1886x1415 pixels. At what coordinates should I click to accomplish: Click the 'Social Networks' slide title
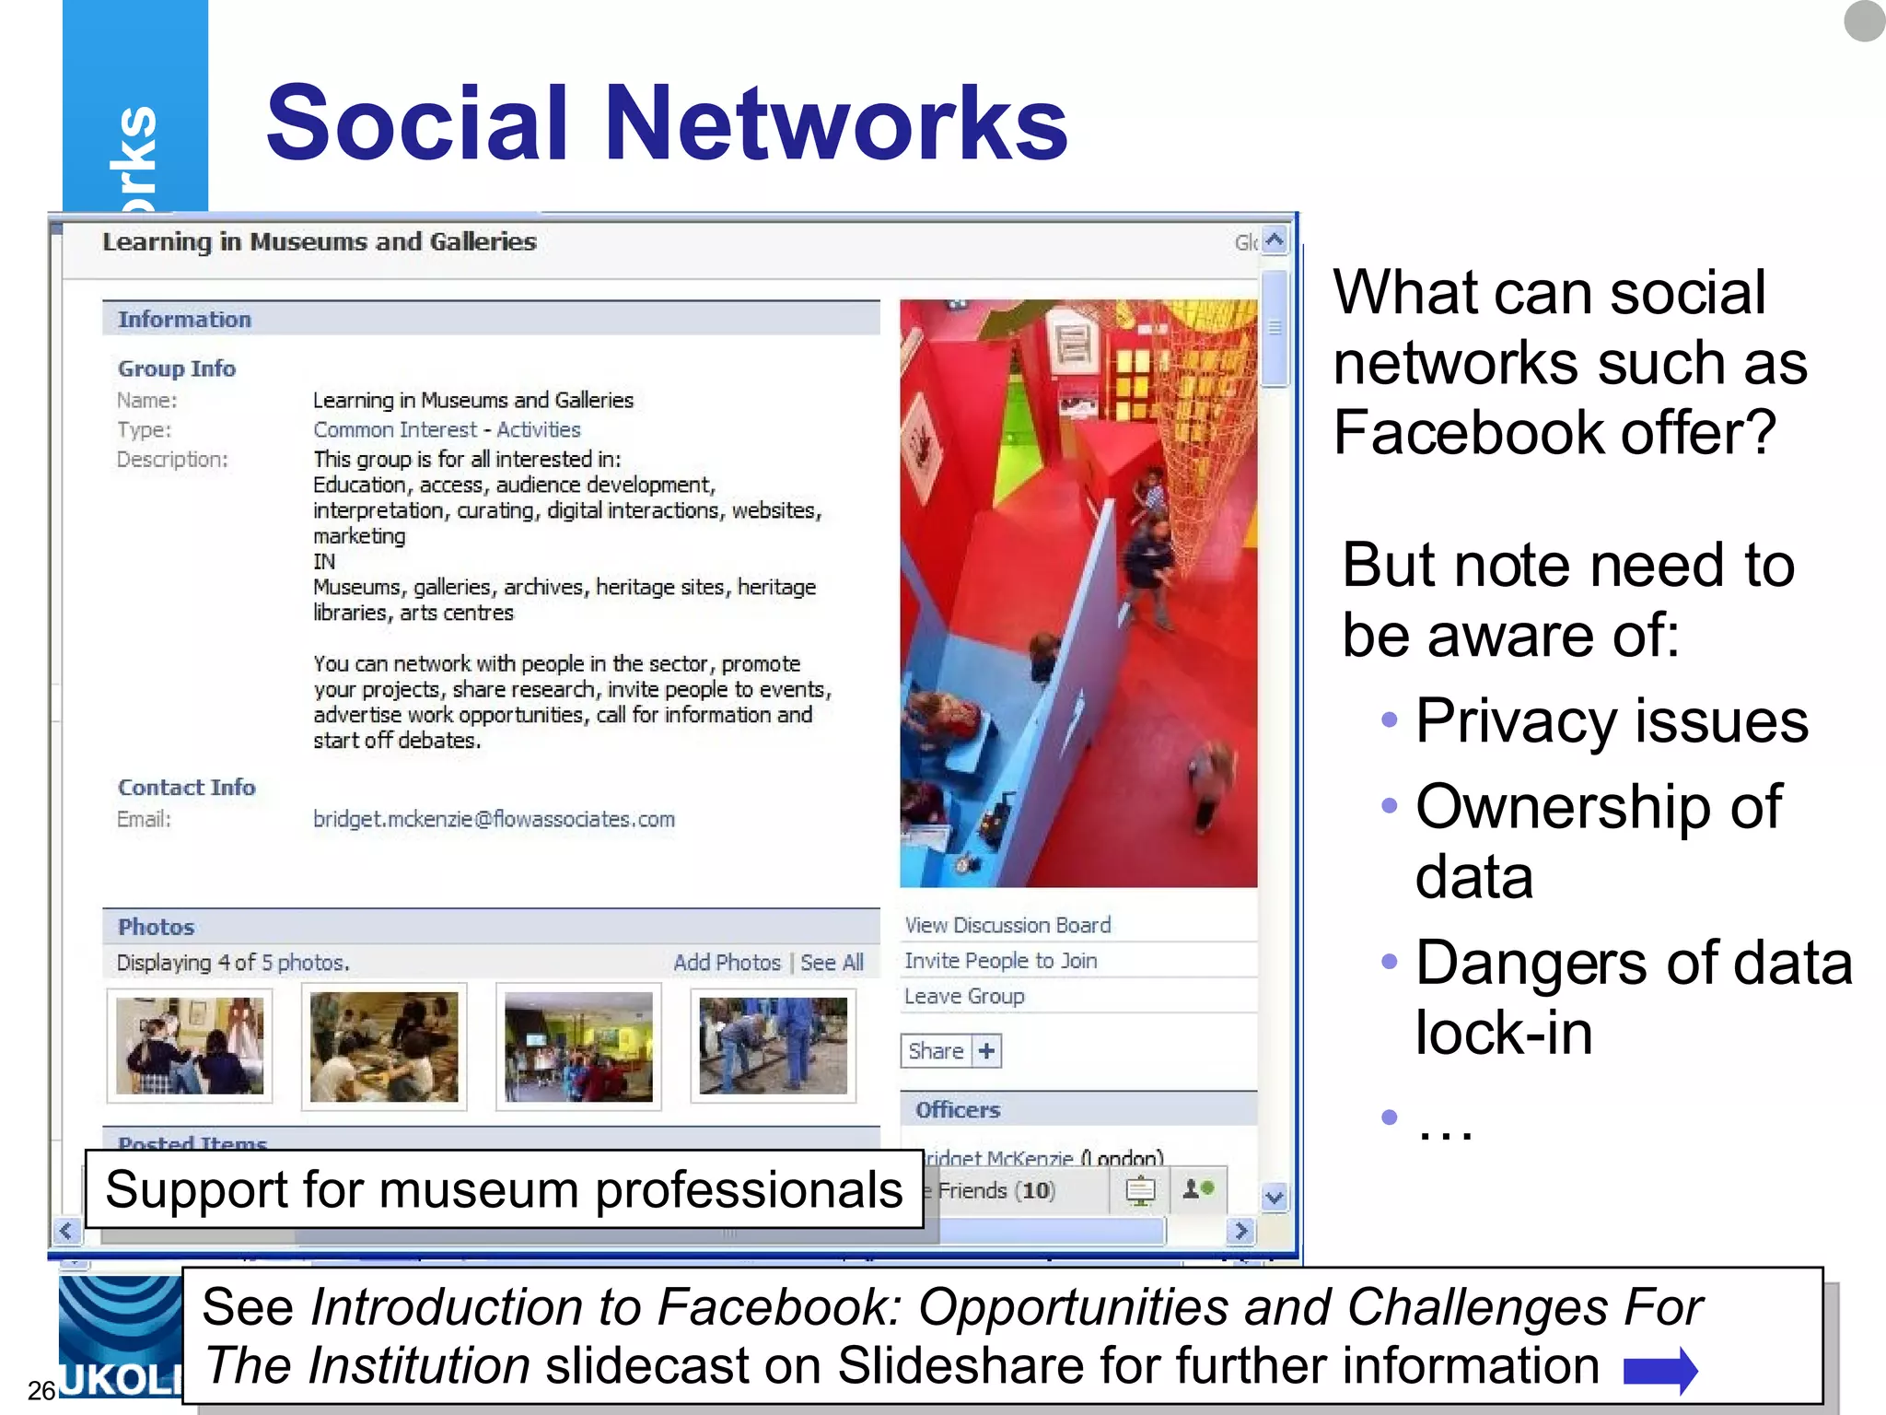[x=667, y=123]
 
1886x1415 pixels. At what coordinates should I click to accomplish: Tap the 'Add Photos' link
[x=727, y=963]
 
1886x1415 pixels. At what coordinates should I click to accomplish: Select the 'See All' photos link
[x=832, y=963]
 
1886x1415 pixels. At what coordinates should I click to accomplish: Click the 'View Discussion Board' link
[x=1007, y=925]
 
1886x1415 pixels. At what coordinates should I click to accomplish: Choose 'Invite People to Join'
[x=1000, y=961]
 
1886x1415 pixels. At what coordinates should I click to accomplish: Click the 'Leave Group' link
[x=964, y=997]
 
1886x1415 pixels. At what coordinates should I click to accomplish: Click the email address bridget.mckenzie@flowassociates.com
[x=494, y=819]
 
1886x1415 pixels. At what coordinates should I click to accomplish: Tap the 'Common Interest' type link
[x=395, y=430]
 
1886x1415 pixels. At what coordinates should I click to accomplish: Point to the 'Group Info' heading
[x=177, y=368]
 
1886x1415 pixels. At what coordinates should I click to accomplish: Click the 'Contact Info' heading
[x=186, y=788]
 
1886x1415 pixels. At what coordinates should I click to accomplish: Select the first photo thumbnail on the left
[x=190, y=1046]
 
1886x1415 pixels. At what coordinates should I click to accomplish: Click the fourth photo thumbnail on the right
[x=773, y=1046]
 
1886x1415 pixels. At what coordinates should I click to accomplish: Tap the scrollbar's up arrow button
[x=1275, y=240]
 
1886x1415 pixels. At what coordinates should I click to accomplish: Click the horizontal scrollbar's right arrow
[x=1240, y=1231]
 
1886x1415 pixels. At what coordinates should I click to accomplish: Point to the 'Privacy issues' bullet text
[x=1612, y=720]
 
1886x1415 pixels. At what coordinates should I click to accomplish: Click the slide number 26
[x=41, y=1389]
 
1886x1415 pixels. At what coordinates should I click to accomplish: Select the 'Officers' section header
[x=958, y=1110]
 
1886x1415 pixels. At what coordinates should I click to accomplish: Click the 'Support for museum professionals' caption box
[x=504, y=1189]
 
